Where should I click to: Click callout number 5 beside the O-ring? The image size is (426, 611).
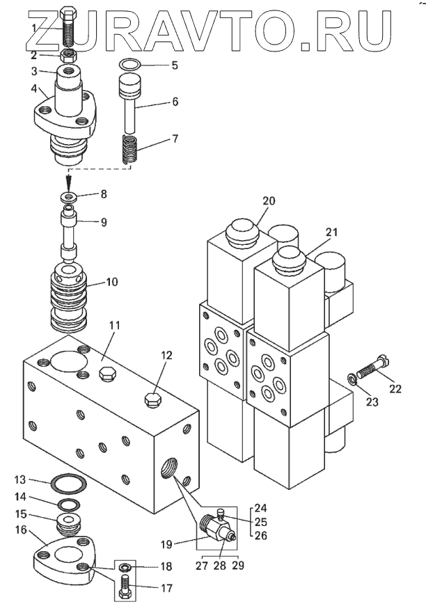click(x=175, y=65)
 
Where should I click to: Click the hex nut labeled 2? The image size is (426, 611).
click(x=69, y=56)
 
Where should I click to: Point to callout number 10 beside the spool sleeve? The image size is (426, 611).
click(x=111, y=281)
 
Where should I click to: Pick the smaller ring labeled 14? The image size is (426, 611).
click(x=70, y=505)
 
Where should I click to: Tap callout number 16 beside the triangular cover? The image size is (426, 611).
click(x=21, y=530)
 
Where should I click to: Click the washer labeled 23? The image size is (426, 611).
click(x=353, y=379)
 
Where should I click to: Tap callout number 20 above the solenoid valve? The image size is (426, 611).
click(x=269, y=200)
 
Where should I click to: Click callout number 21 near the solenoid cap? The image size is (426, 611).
click(x=331, y=232)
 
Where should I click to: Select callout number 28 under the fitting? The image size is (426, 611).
click(x=220, y=565)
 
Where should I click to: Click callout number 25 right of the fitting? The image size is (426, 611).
click(x=261, y=522)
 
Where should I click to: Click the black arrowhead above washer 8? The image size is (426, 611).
click(x=69, y=182)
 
